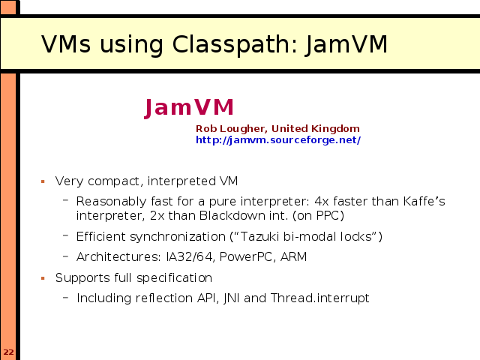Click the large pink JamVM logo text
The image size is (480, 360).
point(189,108)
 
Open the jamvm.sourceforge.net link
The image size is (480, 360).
point(278,140)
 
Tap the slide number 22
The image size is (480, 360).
point(8,352)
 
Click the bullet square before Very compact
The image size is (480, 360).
point(43,181)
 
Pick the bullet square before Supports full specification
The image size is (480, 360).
point(43,278)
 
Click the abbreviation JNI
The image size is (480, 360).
point(232,298)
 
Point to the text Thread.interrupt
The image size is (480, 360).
point(320,298)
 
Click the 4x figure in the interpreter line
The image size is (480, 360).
point(322,202)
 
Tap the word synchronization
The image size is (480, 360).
point(178,237)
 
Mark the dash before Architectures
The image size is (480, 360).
point(65,256)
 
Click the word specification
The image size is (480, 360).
point(174,278)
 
